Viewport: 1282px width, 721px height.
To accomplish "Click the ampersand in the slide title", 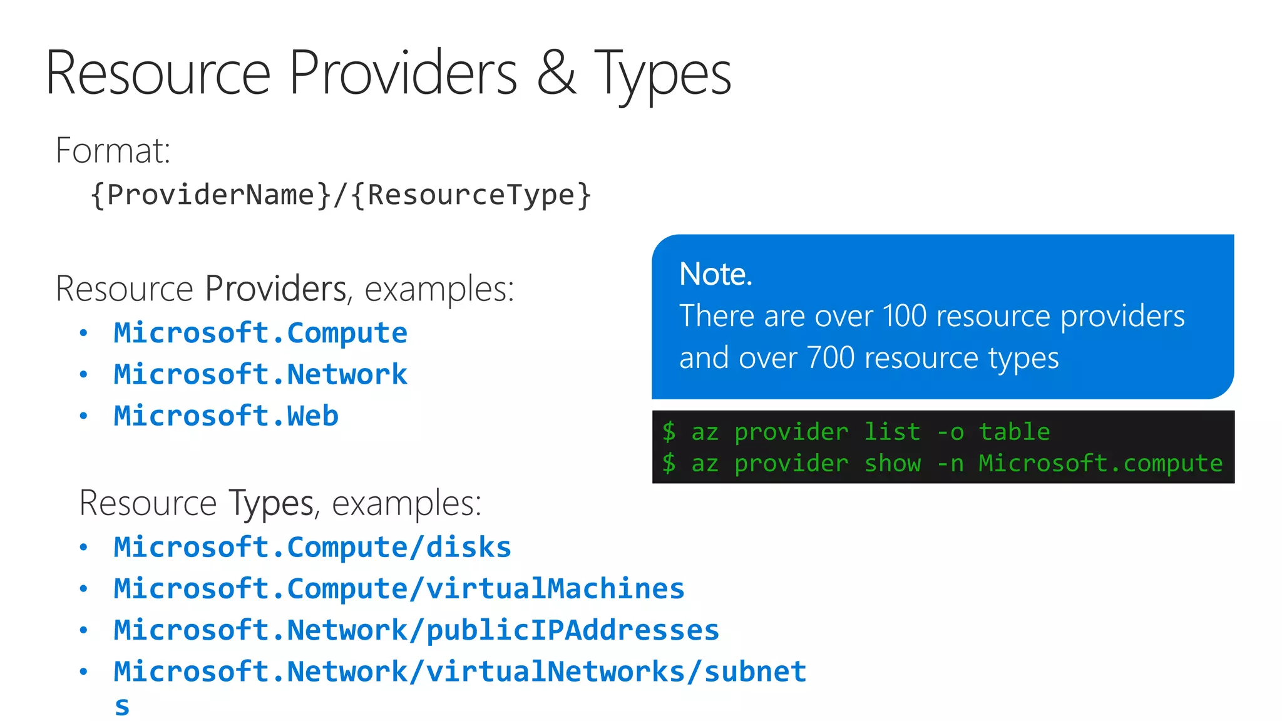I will [x=556, y=74].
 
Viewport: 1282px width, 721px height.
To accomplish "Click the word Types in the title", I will [x=662, y=74].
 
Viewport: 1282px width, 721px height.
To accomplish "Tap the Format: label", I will [x=113, y=151].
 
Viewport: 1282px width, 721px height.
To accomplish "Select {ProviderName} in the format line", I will [x=210, y=195].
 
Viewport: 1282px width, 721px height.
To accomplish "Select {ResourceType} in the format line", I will [x=471, y=195].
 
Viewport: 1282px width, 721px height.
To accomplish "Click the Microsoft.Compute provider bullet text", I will [x=260, y=333].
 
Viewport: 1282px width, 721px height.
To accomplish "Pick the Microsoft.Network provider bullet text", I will [x=260, y=374].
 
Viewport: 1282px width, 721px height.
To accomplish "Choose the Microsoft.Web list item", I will [x=226, y=416].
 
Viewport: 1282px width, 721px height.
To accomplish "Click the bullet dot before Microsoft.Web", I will [x=83, y=416].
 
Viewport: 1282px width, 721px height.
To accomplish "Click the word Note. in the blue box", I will [x=715, y=274].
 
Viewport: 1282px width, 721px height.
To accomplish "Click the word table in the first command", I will [x=1014, y=432].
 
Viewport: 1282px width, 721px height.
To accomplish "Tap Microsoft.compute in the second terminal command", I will [x=1100, y=463].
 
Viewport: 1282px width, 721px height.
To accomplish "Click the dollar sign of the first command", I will [x=669, y=432].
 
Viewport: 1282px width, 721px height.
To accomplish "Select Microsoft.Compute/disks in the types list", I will [x=312, y=547].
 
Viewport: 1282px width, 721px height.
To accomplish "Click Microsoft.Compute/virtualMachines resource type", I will [x=399, y=589].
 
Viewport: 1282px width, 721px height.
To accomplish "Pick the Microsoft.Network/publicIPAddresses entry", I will [x=416, y=630].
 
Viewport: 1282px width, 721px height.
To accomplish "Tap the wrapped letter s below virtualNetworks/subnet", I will [x=122, y=707].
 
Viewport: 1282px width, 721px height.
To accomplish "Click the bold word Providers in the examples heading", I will [x=275, y=289].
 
